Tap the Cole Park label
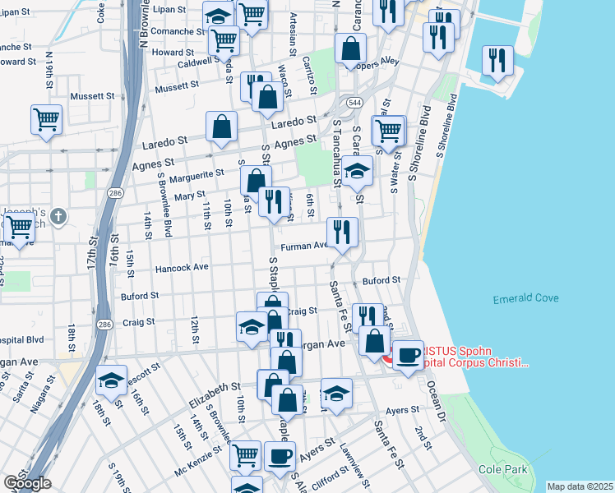(x=502, y=469)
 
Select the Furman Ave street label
(x=304, y=246)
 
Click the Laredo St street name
(x=164, y=144)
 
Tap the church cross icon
(x=57, y=217)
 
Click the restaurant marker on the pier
(x=497, y=60)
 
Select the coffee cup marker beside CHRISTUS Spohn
(x=407, y=354)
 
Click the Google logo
(x=27, y=483)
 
